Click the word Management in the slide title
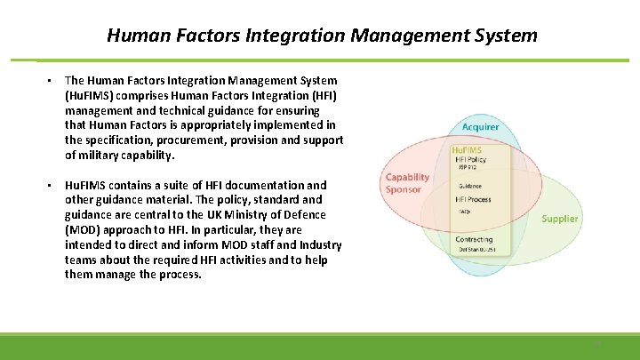(399, 36)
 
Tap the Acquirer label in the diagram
(480, 127)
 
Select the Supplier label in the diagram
(559, 219)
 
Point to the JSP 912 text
(469, 167)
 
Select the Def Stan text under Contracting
(475, 249)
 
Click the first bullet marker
(52, 81)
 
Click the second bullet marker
(52, 186)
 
